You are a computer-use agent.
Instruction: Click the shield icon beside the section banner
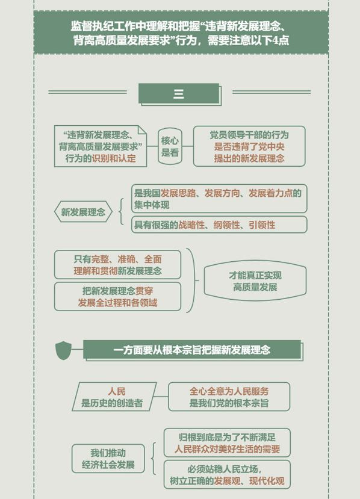click(63, 350)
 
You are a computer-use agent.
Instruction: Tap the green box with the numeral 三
click(179, 93)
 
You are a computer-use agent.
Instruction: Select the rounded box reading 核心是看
click(170, 146)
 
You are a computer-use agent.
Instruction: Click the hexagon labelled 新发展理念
click(83, 212)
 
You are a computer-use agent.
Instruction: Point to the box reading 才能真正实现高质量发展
click(255, 281)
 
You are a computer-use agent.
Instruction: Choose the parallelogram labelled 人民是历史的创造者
click(114, 397)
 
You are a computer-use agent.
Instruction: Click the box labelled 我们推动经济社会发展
click(108, 459)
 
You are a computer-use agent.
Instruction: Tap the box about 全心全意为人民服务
click(229, 397)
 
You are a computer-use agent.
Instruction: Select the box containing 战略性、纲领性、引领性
click(219, 225)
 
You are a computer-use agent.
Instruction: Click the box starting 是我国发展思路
click(219, 199)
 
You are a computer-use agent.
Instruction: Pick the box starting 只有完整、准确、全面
click(117, 265)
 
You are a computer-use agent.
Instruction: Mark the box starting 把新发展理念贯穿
click(117, 297)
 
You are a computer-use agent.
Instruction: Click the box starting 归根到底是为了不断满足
click(227, 442)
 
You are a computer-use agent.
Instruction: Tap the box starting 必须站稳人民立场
click(227, 474)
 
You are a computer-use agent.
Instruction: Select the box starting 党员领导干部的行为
click(249, 146)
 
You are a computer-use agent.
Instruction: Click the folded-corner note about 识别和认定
click(101, 146)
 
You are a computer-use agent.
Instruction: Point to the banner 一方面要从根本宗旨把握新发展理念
click(192, 350)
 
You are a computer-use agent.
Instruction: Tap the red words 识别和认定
click(114, 158)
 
